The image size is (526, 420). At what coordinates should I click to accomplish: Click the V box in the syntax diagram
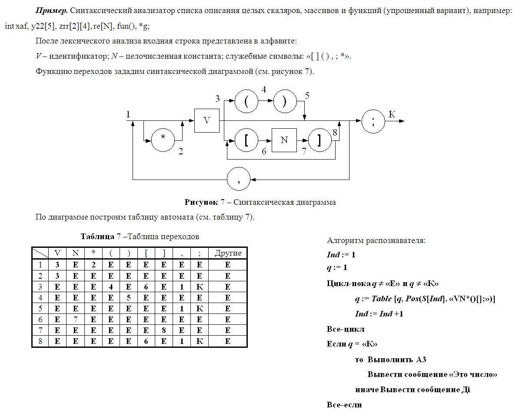(x=207, y=120)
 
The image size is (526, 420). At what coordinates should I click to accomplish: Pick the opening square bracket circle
(x=246, y=140)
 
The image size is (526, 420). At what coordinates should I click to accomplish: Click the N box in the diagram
(x=284, y=140)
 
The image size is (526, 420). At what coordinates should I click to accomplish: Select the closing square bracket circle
(x=320, y=140)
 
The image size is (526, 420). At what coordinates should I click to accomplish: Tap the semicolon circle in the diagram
(x=373, y=121)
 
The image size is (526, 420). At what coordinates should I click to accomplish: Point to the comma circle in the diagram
(x=239, y=179)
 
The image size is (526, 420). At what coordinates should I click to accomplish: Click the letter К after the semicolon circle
(x=392, y=114)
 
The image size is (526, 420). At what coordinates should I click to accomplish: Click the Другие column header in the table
(x=228, y=253)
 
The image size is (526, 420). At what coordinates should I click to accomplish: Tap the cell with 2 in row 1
(x=93, y=264)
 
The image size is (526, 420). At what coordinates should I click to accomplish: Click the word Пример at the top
(x=51, y=10)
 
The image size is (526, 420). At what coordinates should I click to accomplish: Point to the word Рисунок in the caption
(x=200, y=202)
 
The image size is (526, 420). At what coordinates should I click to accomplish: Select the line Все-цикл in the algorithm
(x=345, y=329)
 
